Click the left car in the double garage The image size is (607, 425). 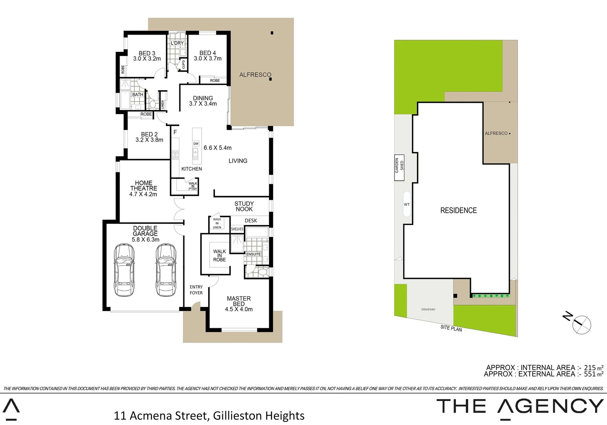124,270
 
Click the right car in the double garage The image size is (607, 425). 166,270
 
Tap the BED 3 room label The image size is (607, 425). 147,53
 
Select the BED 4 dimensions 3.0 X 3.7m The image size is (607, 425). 208,59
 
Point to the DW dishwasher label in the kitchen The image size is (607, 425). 196,144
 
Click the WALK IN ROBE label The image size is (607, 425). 220,255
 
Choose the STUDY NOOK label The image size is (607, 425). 244,206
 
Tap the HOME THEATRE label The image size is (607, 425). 144,186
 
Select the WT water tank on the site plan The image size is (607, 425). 407,204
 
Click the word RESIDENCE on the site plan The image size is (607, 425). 458,211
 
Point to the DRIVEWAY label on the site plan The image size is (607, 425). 428,309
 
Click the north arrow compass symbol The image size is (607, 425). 581,325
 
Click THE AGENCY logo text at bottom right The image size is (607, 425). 520,406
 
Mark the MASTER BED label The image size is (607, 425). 239,301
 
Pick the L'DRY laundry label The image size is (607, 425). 177,43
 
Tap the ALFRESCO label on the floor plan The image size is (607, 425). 255,75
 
